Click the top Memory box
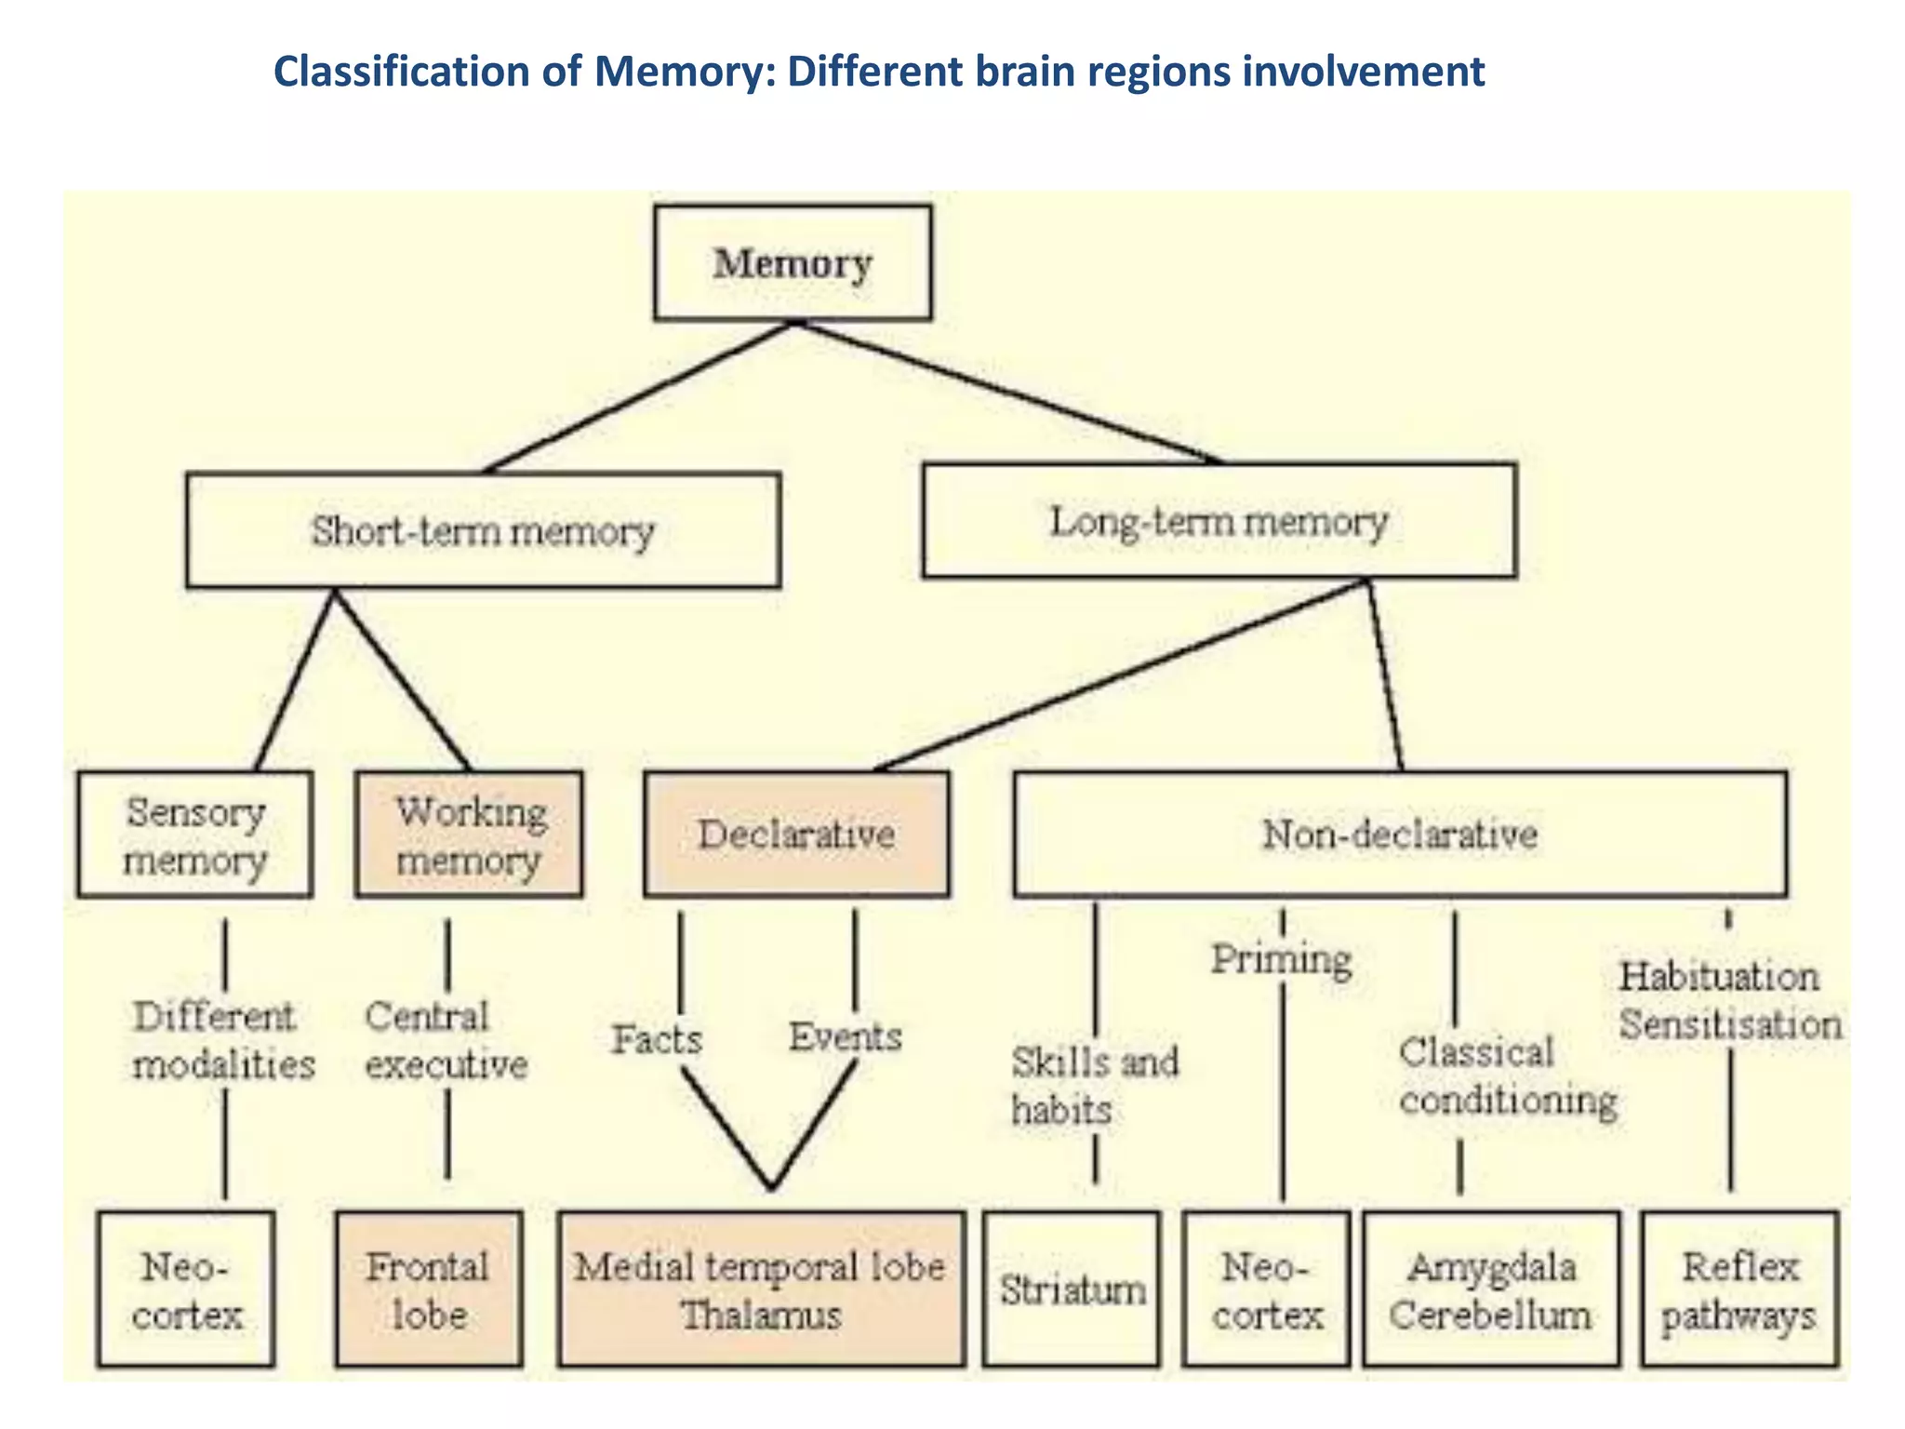[793, 263]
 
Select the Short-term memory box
[483, 531]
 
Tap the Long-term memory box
[1219, 521]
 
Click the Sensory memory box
[195, 835]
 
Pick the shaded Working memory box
[470, 835]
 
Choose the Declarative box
[797, 835]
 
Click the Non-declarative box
[1400, 835]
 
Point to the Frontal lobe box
[429, 1289]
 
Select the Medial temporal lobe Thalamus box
[761, 1289]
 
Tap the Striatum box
[1072, 1289]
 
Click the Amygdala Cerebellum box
[1491, 1289]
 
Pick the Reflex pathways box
[1739, 1289]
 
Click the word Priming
[1281, 959]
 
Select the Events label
[846, 1036]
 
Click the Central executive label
[446, 1040]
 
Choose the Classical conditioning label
[1507, 1076]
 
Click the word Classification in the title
[401, 72]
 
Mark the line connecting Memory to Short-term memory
[638, 397]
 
